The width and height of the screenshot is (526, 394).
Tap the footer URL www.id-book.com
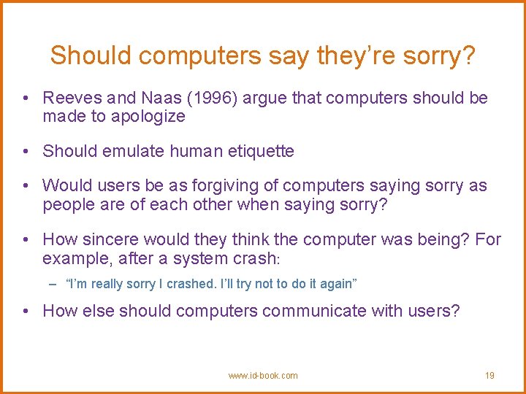(263, 376)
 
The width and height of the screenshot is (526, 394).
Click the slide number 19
(489, 376)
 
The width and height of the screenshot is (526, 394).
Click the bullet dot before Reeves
(26, 98)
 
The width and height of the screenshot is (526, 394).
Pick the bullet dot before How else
(26, 312)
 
